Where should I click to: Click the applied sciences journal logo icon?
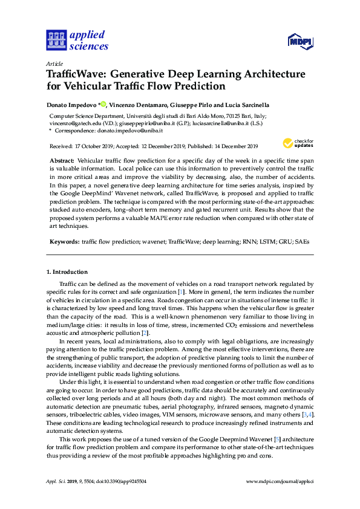56,40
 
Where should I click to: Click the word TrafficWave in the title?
77,75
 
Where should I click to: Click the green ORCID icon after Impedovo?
103,104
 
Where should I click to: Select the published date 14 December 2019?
232,146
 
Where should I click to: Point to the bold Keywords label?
64,241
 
